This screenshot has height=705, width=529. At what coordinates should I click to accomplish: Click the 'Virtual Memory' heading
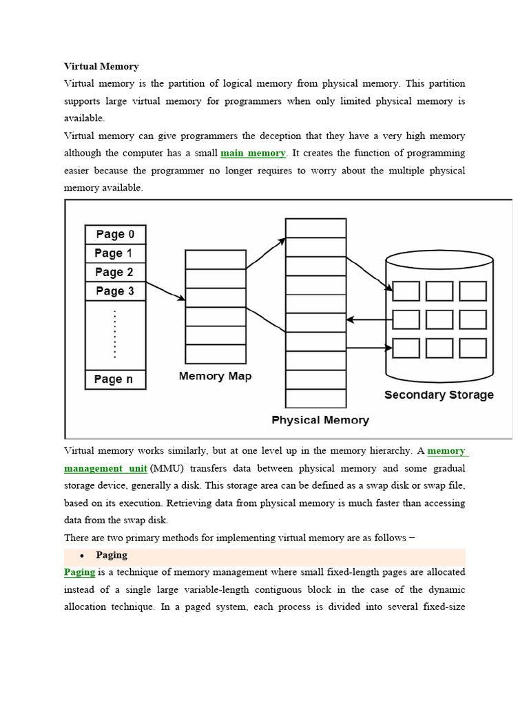pos(101,67)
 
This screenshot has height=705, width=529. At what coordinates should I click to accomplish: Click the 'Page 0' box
pos(115,234)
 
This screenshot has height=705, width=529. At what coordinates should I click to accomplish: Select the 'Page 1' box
pos(115,253)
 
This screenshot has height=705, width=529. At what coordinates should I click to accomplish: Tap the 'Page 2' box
pos(115,272)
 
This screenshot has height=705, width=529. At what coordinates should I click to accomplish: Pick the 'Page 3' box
pos(115,291)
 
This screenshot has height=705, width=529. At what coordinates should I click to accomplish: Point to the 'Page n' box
pos(115,379)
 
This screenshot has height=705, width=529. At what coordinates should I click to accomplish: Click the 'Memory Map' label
pos(215,376)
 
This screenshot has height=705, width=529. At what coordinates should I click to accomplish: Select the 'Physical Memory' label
pos(320,420)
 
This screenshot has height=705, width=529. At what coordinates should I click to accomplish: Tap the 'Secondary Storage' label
pos(439,395)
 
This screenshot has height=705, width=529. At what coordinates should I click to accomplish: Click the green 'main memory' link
pos(253,153)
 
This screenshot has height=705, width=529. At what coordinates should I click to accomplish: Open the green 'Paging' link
pos(79,572)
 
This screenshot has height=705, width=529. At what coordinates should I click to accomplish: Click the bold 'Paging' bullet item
pos(112,555)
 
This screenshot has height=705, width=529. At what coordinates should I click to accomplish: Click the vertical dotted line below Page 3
pos(115,334)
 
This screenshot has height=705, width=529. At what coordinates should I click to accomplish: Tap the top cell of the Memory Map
pos(216,260)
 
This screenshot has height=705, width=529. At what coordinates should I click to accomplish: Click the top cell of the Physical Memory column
pos(315,228)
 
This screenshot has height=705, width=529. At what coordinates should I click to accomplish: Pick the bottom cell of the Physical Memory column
pos(315,399)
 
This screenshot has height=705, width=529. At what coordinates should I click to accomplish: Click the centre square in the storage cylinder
pos(439,319)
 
